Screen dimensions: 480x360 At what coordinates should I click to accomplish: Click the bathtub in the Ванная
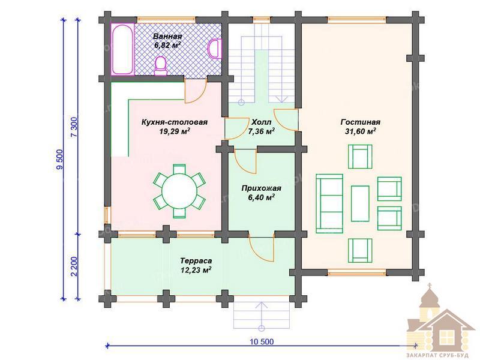122,49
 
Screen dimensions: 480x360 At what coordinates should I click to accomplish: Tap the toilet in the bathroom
161,66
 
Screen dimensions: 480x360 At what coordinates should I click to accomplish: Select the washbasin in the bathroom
214,49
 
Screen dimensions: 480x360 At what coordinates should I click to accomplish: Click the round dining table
179,191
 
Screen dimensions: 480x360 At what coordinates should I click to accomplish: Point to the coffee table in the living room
360,203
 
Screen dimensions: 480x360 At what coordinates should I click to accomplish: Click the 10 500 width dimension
262,342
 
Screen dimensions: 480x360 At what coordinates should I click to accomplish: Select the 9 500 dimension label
60,159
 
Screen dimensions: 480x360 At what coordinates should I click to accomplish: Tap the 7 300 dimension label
74,127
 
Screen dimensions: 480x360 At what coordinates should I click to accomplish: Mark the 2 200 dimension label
74,266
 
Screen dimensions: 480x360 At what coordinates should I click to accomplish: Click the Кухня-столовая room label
175,122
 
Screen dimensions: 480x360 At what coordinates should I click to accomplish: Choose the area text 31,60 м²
361,131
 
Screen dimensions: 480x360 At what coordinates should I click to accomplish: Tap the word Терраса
196,261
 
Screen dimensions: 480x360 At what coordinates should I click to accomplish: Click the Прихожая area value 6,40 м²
261,197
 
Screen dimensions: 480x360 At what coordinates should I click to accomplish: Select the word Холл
261,122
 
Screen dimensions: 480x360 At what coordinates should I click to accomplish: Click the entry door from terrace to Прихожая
261,248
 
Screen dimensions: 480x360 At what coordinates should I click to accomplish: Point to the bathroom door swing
195,91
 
